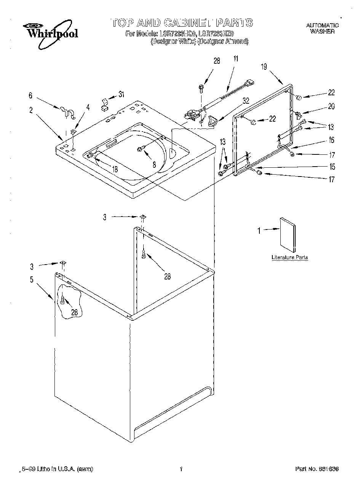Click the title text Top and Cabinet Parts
click(182, 22)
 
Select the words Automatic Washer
click(322, 29)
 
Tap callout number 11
click(236, 59)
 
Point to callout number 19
click(264, 67)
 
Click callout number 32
click(246, 101)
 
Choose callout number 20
click(331, 106)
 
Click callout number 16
click(331, 140)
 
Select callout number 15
click(332, 167)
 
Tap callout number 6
click(30, 96)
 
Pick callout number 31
click(121, 95)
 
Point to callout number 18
click(115, 169)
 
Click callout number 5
click(32, 279)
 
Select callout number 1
click(259, 230)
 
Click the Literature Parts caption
click(289, 257)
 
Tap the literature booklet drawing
click(288, 235)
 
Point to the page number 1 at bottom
click(182, 469)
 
